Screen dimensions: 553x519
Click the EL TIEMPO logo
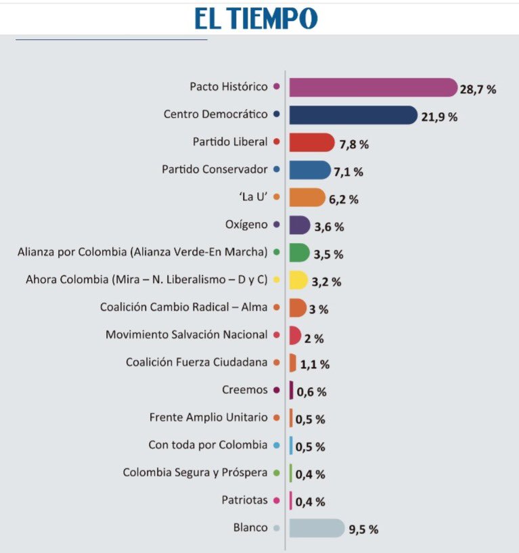(x=256, y=18)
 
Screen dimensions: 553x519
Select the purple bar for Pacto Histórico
(x=373, y=87)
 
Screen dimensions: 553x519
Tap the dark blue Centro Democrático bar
(x=353, y=115)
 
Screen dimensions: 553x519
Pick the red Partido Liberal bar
(x=311, y=143)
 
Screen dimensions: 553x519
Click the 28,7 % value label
(x=479, y=89)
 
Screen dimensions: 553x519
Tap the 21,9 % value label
(x=439, y=116)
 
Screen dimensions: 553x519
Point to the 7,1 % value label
(x=348, y=172)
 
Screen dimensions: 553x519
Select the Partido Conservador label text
(x=215, y=169)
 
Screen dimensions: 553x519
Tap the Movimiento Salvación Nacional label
(x=187, y=334)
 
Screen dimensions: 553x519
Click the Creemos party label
(x=245, y=390)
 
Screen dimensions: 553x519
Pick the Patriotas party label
(x=245, y=500)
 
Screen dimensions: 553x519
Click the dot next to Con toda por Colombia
(x=276, y=445)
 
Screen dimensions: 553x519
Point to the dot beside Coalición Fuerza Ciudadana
(x=276, y=363)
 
